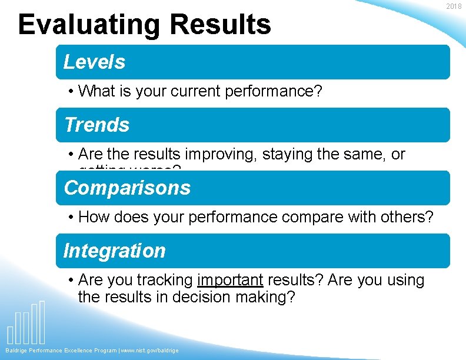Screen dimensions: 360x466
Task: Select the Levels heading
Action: tap(94, 62)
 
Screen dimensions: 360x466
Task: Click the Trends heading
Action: tap(96, 125)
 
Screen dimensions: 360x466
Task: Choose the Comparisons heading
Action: tap(127, 188)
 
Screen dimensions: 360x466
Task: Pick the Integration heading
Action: tap(114, 251)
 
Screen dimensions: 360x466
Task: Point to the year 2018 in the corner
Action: tap(454, 6)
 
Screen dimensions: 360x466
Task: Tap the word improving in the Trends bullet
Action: tap(221, 154)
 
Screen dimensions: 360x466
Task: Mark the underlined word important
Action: tap(230, 280)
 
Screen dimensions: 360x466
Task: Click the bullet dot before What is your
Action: tap(70, 92)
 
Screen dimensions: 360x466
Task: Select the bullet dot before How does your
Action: tap(70, 218)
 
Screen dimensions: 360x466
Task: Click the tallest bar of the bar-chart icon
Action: tap(42, 322)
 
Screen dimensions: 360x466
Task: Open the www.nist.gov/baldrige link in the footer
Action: tap(150, 351)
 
